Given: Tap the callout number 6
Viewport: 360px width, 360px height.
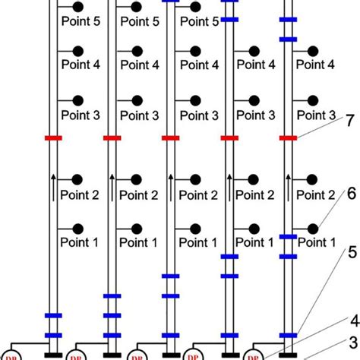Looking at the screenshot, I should click(350, 195).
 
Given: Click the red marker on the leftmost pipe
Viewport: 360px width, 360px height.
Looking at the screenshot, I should click(52, 138).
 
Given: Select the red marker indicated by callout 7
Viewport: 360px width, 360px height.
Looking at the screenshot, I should click(288, 138).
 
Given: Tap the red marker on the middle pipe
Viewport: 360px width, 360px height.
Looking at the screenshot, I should click(170, 138).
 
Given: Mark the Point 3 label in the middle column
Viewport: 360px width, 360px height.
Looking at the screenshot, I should click(197, 115).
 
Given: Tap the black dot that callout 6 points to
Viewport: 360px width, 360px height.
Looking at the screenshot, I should click(313, 228).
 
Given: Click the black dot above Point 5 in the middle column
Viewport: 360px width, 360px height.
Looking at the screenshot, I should click(195, 8).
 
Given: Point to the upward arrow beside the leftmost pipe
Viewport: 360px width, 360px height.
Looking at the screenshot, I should click(52, 187).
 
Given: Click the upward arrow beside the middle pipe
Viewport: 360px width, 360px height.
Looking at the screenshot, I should click(170, 187).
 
